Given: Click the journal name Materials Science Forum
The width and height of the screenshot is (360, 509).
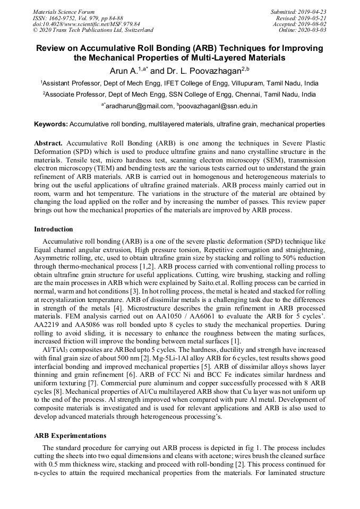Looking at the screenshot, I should (x=64, y=12).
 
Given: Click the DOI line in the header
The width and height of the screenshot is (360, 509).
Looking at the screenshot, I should (x=86, y=24).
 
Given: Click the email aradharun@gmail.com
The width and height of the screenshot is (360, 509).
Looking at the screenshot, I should (x=140, y=106).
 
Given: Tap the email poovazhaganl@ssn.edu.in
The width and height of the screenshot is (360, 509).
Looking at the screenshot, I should (x=219, y=106).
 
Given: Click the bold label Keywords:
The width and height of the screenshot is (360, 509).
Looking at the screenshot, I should (x=51, y=124).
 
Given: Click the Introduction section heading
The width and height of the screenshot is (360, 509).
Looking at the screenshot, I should (x=54, y=229).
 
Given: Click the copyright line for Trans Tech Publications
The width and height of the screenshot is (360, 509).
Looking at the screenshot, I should (x=93, y=30).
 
